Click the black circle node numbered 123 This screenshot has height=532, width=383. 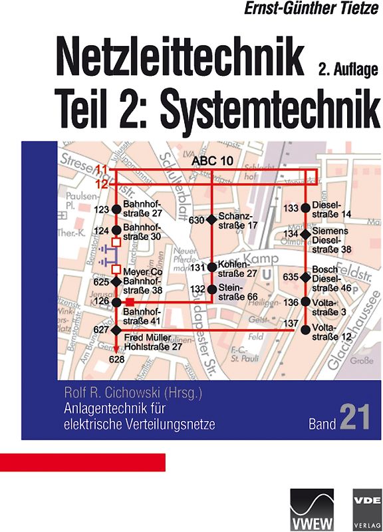[x=116, y=209]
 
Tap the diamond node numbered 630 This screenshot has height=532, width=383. [x=211, y=220]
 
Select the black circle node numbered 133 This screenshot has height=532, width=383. [x=306, y=208]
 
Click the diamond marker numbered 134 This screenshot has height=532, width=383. [x=306, y=234]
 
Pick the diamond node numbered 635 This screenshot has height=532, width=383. [x=306, y=277]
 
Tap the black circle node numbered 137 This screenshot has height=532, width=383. [x=306, y=329]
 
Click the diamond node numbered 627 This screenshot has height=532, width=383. [x=116, y=330]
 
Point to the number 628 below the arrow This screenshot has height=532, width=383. [x=117, y=359]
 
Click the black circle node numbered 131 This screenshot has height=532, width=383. [x=211, y=267]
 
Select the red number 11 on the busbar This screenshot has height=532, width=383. [x=100, y=169]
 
